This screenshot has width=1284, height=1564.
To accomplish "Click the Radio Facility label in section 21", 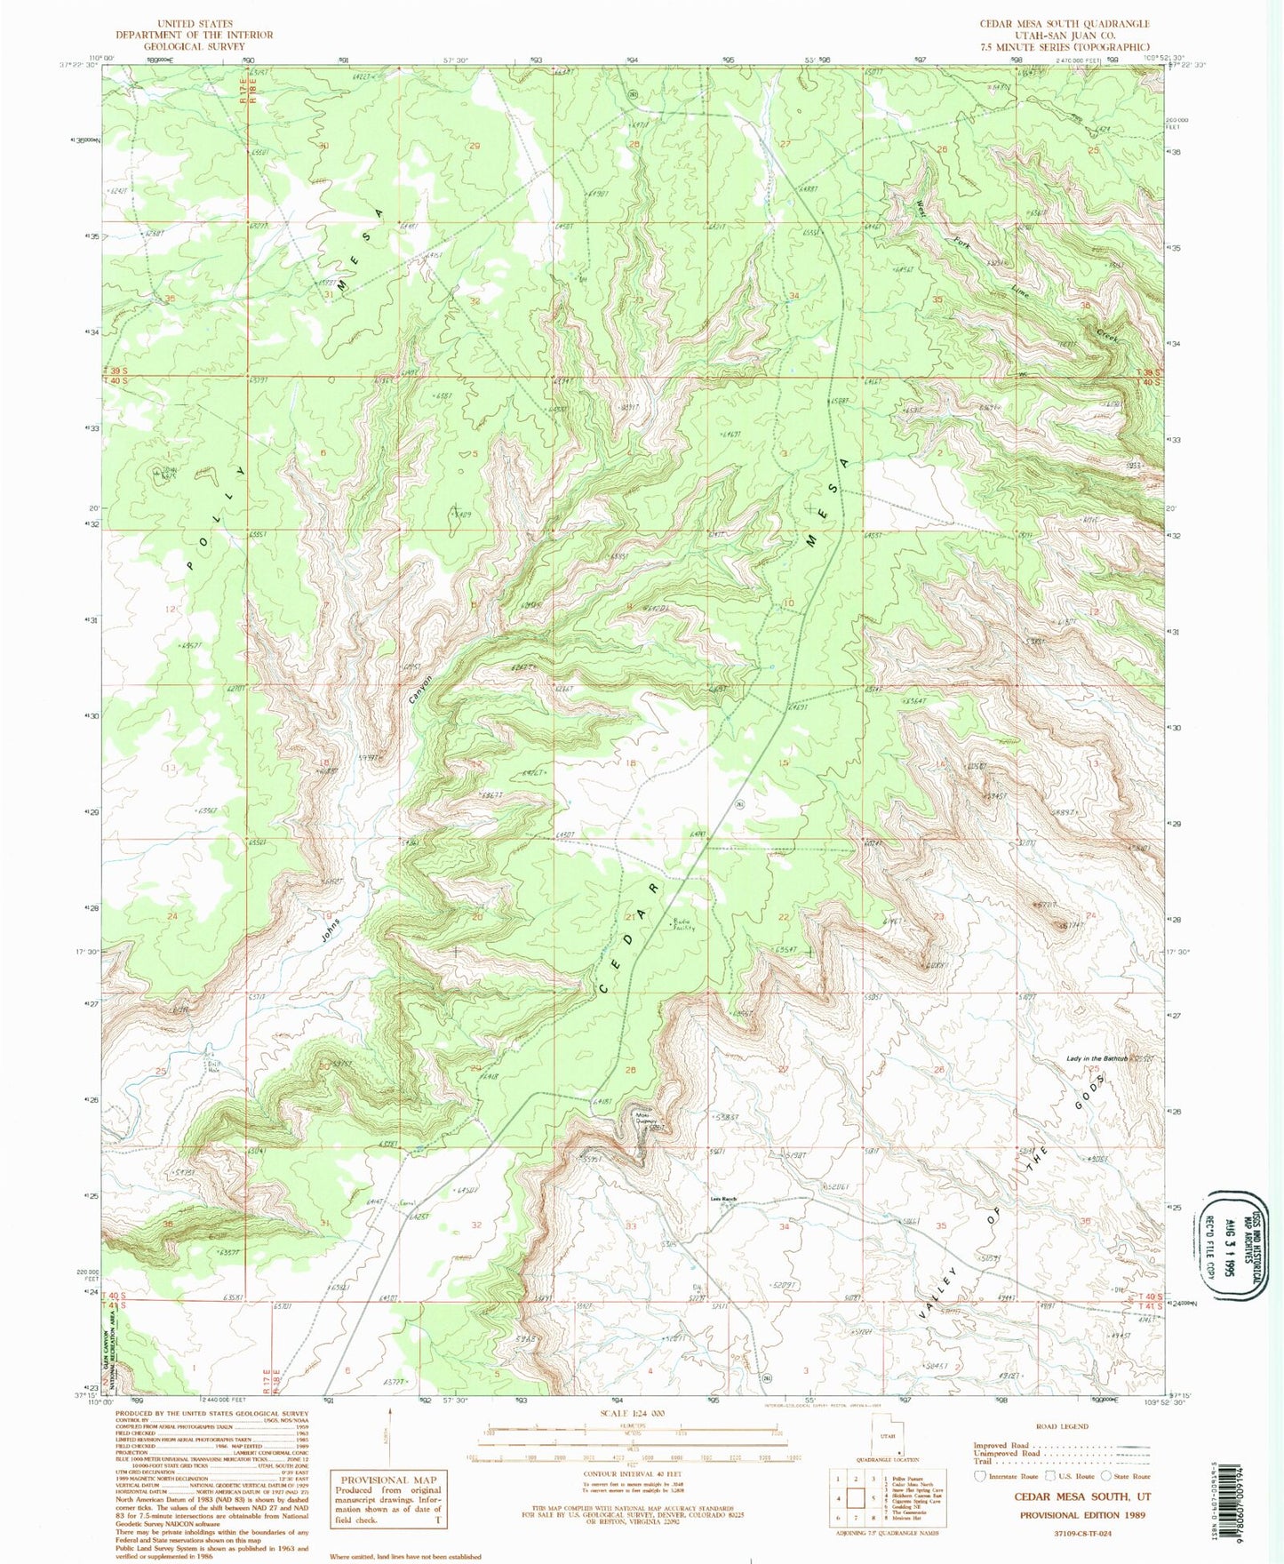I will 682,925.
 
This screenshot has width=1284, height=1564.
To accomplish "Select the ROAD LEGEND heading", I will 1061,1426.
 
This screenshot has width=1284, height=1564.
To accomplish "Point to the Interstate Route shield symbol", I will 981,1476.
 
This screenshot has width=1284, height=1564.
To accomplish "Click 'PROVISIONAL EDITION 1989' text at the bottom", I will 1081,1515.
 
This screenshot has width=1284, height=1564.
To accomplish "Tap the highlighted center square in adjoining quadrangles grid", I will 856,1497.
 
